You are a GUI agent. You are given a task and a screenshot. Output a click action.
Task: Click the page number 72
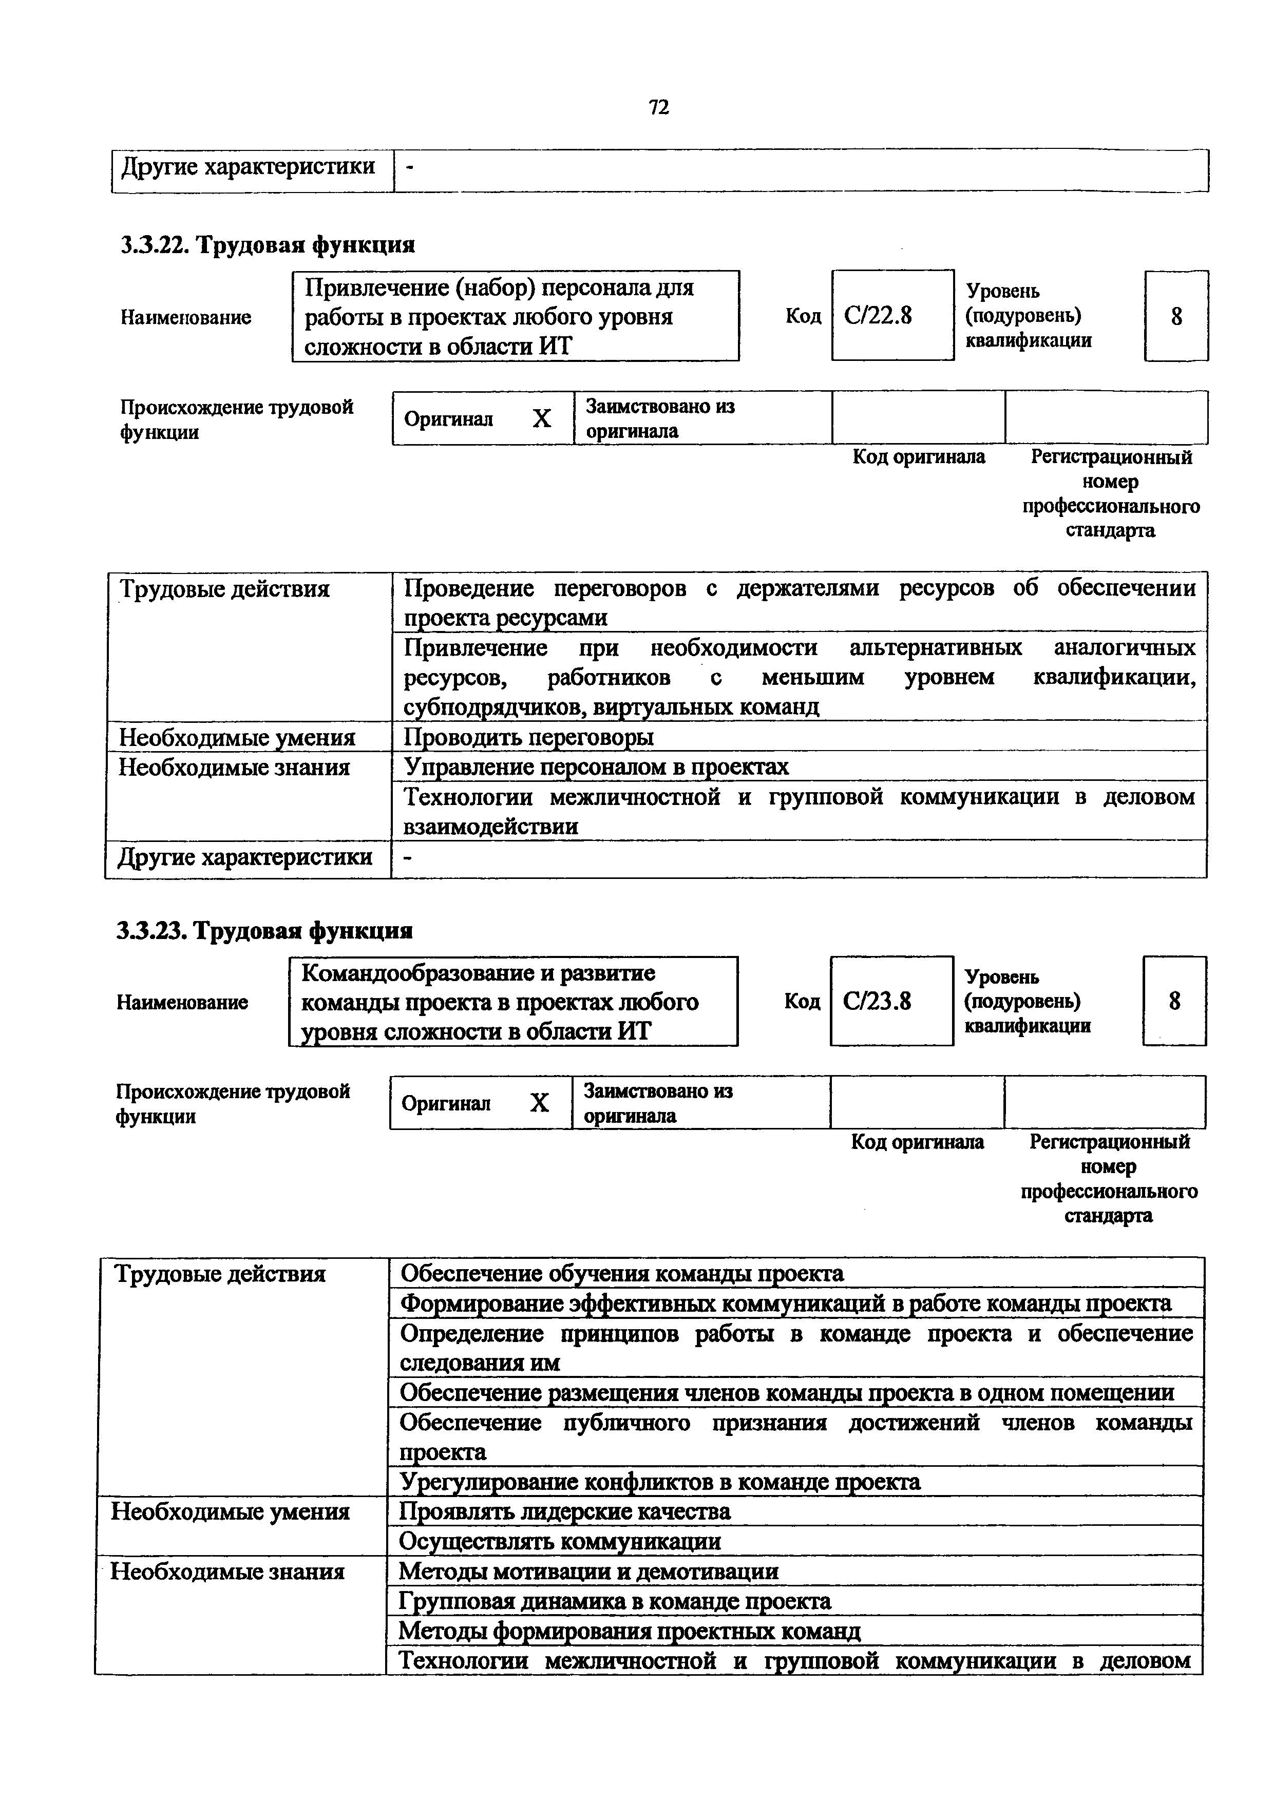click(x=659, y=107)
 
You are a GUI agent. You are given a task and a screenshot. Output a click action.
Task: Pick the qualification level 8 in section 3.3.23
click(x=1174, y=1001)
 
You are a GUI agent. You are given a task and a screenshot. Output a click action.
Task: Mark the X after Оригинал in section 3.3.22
click(x=541, y=419)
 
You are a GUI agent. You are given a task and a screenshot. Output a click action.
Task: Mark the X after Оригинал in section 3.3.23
click(x=539, y=1104)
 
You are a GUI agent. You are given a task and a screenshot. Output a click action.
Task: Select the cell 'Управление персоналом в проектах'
click(x=596, y=767)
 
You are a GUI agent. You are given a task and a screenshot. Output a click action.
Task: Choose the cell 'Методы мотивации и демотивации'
click(x=588, y=1571)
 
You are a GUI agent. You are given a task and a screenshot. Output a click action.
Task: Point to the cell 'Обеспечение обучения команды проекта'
click(x=621, y=1273)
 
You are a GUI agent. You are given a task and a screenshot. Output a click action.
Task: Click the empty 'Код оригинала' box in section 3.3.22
click(x=918, y=418)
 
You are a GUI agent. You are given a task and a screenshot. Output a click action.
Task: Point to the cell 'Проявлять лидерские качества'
click(x=565, y=1511)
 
